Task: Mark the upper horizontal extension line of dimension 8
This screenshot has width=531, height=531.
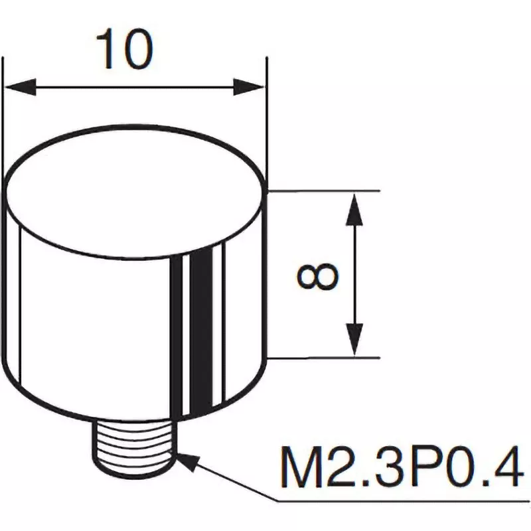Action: [325, 191]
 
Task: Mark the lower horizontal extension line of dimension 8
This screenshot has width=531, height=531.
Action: [325, 358]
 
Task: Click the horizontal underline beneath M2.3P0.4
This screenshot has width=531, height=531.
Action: [398, 500]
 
